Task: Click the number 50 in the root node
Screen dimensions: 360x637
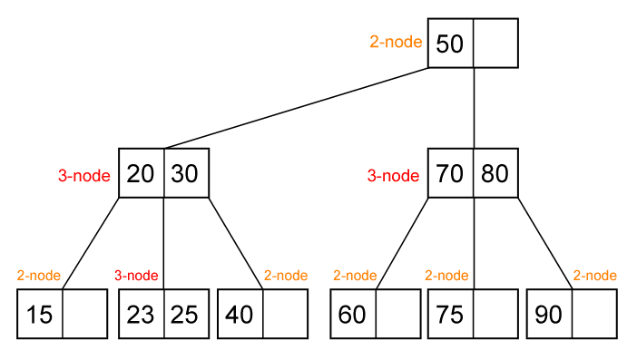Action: click(450, 44)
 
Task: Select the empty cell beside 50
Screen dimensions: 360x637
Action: click(495, 44)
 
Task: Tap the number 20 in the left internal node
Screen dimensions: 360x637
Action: click(141, 173)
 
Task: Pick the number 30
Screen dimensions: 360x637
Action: click(185, 173)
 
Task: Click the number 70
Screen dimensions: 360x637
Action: click(450, 173)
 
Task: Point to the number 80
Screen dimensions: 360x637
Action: click(495, 173)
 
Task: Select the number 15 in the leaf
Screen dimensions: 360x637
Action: click(40, 315)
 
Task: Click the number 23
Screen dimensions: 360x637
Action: click(141, 315)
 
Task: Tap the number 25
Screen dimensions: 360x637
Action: click(185, 315)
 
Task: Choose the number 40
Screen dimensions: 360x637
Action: click(240, 315)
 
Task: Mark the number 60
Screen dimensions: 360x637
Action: click(352, 315)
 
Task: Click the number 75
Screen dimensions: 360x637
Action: click(450, 315)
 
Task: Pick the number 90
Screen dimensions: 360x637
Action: click(549, 315)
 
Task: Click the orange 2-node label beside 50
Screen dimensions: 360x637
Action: click(396, 42)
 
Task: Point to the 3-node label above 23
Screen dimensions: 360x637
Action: click(136, 276)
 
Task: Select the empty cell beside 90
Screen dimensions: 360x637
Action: click(594, 315)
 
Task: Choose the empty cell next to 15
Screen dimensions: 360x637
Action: click(85, 315)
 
